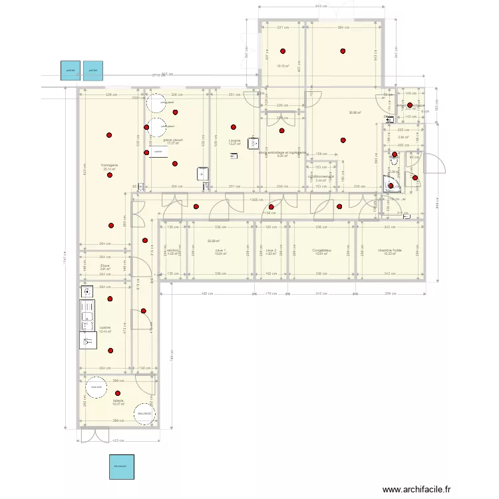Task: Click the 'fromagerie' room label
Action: tap(110, 165)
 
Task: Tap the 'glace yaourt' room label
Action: tap(173, 140)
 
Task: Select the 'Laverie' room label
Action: tap(234, 140)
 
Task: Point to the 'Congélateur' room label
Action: tap(322, 251)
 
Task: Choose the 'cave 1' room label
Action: tap(220, 251)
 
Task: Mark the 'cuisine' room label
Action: tap(105, 327)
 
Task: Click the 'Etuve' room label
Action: tap(105, 265)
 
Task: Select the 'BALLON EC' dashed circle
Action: tap(144, 413)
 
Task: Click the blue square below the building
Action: tap(122, 466)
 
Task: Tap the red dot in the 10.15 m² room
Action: tap(283, 51)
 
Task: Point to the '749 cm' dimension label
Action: tap(65, 255)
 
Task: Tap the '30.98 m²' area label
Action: tap(355, 112)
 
